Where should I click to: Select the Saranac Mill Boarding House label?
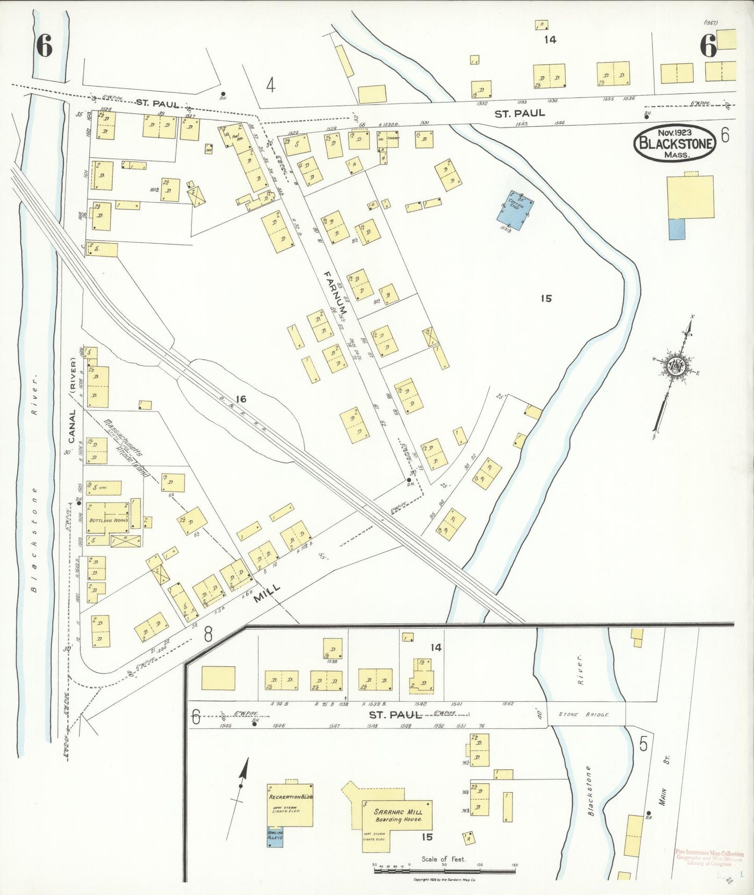[x=398, y=816]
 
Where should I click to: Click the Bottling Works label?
[x=107, y=521]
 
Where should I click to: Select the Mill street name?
[x=267, y=594]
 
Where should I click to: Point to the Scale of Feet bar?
[x=444, y=871]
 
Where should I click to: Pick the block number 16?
[x=241, y=399]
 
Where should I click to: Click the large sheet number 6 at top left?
[x=44, y=46]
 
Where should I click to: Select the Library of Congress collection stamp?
[x=709, y=858]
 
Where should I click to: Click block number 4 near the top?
[x=270, y=85]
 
